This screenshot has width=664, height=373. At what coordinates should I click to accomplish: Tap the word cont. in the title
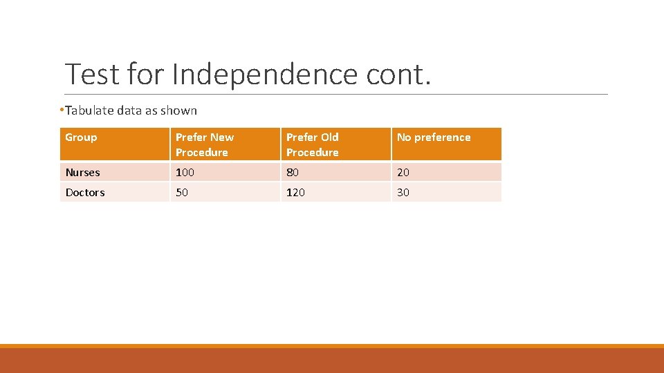(x=397, y=73)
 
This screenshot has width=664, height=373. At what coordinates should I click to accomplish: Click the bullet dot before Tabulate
(x=62, y=110)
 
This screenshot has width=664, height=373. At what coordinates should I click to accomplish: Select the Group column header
(x=81, y=137)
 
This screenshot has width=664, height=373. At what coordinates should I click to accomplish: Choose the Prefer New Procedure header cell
(x=205, y=144)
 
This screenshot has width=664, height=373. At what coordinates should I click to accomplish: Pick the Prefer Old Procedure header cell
(x=313, y=144)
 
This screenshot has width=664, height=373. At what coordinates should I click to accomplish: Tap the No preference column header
(x=434, y=137)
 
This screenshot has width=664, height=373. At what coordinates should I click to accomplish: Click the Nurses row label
(x=82, y=173)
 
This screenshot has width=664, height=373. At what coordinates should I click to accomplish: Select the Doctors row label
(x=85, y=193)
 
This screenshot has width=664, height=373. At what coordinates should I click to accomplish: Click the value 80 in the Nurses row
(x=293, y=173)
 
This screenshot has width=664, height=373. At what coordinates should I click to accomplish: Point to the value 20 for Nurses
(x=403, y=173)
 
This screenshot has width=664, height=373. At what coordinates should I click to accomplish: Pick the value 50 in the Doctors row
(x=181, y=193)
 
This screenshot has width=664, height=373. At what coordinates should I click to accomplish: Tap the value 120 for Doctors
(x=295, y=193)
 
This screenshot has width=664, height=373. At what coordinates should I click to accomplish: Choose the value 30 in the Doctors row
(x=403, y=193)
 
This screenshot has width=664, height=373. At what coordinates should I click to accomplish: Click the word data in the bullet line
(x=129, y=111)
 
